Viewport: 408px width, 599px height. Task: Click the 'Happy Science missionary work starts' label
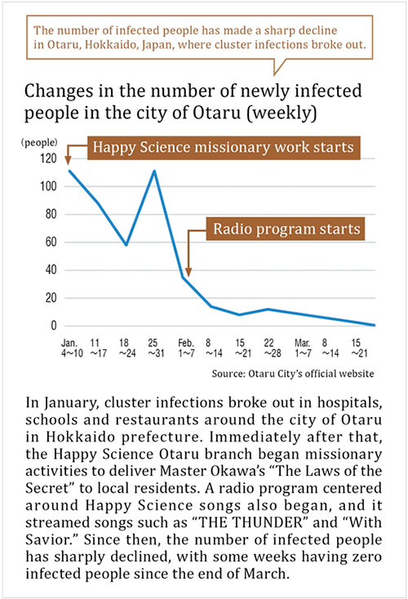click(224, 148)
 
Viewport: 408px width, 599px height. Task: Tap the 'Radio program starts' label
click(286, 229)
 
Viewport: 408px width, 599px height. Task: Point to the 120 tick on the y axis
click(48, 158)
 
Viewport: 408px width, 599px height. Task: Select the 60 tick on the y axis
click(51, 242)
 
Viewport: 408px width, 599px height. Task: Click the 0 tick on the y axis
click(54, 326)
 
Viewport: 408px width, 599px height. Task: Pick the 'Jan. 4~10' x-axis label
click(72, 348)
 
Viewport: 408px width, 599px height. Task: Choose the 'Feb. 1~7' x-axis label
click(186, 348)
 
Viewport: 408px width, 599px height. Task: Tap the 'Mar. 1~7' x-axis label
click(303, 348)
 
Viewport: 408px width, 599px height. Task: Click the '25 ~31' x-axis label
click(156, 348)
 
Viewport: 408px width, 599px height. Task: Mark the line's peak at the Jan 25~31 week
click(154, 171)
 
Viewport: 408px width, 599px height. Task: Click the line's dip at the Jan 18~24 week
click(126, 245)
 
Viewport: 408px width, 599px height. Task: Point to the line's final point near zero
click(374, 325)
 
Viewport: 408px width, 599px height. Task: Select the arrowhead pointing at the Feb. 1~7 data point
click(188, 272)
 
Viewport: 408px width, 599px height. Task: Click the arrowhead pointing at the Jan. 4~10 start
click(68, 161)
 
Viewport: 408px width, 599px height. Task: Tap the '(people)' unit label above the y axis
click(39, 143)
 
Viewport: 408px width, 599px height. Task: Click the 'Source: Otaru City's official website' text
click(293, 373)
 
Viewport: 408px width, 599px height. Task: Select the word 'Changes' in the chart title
click(59, 91)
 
